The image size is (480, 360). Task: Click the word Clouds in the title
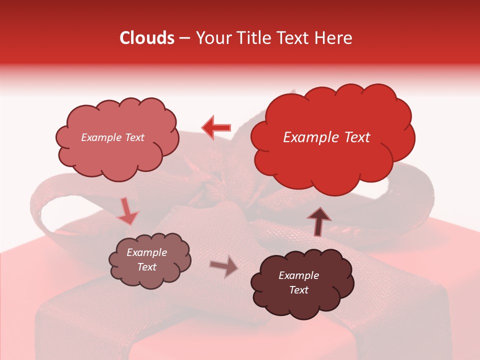(147, 38)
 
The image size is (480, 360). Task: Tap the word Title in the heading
(250, 38)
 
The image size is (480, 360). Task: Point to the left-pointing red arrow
(216, 127)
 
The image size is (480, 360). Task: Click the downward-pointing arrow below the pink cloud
(127, 211)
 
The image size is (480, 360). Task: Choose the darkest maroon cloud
(300, 282)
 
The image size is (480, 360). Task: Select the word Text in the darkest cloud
(298, 290)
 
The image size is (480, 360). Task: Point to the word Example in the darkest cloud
(298, 275)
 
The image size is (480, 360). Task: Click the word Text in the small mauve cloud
(146, 267)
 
